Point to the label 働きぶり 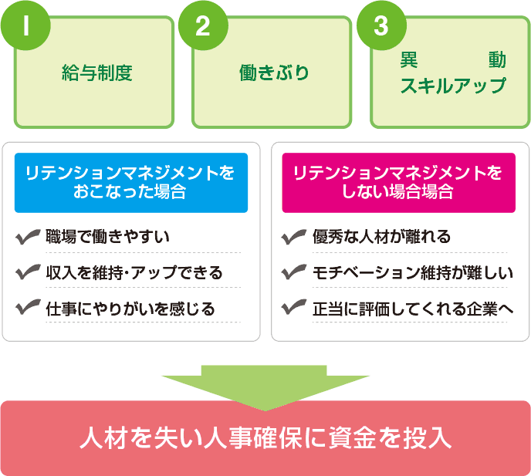pos(274,73)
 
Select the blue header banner pos(130,183)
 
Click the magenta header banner pos(398,183)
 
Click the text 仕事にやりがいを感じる pos(130,309)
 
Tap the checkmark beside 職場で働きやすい pos(28,237)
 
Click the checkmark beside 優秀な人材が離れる pos(295,237)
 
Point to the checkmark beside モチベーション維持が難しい pos(295,272)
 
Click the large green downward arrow pos(265,383)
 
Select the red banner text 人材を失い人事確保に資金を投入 pos(265,438)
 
